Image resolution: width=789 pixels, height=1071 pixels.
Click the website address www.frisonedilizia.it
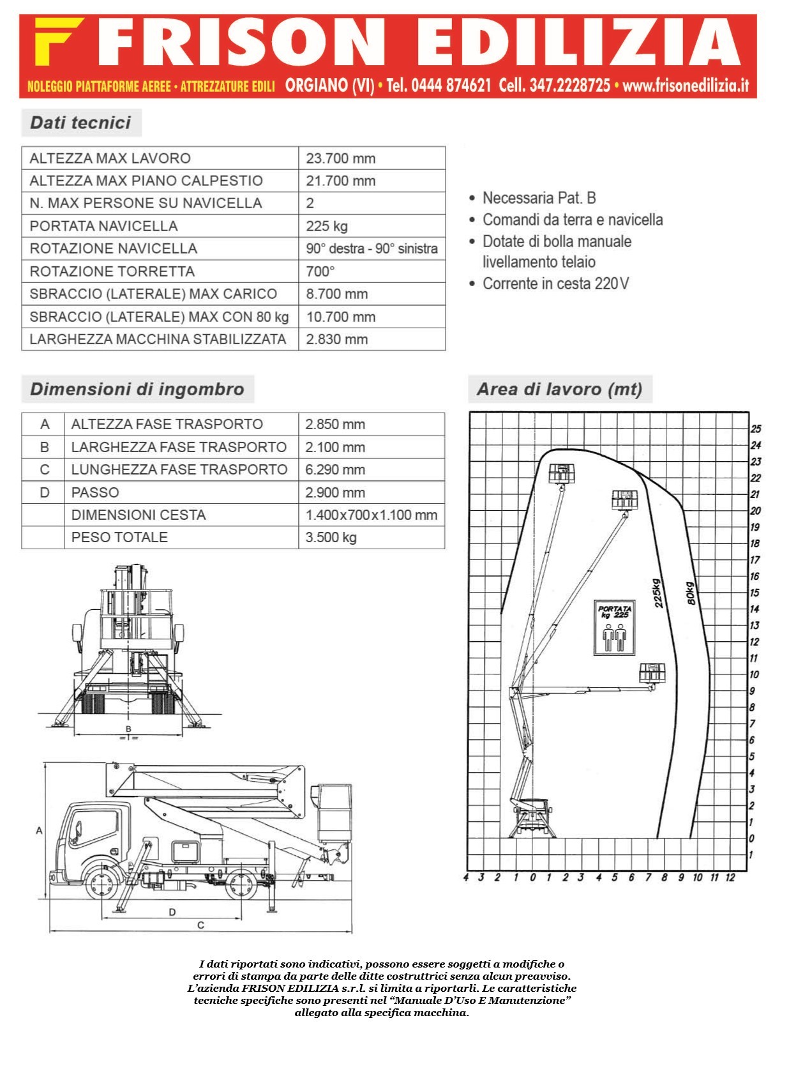[686, 86]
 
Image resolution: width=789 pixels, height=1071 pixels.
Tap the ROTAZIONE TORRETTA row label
[112, 271]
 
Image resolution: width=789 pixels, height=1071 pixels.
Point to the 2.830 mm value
[337, 340]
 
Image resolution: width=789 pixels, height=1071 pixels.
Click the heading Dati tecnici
[80, 123]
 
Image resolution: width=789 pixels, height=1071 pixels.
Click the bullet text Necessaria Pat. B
[539, 198]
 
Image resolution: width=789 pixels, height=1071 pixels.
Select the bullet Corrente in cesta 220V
[556, 284]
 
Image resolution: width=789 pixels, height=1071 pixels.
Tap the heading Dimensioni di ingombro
[137, 389]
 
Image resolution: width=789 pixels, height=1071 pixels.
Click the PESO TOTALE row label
[119, 537]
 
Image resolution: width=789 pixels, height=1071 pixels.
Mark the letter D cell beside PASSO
[45, 492]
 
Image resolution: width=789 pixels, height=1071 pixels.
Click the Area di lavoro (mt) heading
[560, 389]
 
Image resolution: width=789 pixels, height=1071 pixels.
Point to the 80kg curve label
[691, 593]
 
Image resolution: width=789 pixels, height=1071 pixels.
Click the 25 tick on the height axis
[756, 429]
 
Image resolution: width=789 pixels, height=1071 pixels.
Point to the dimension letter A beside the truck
[39, 831]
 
